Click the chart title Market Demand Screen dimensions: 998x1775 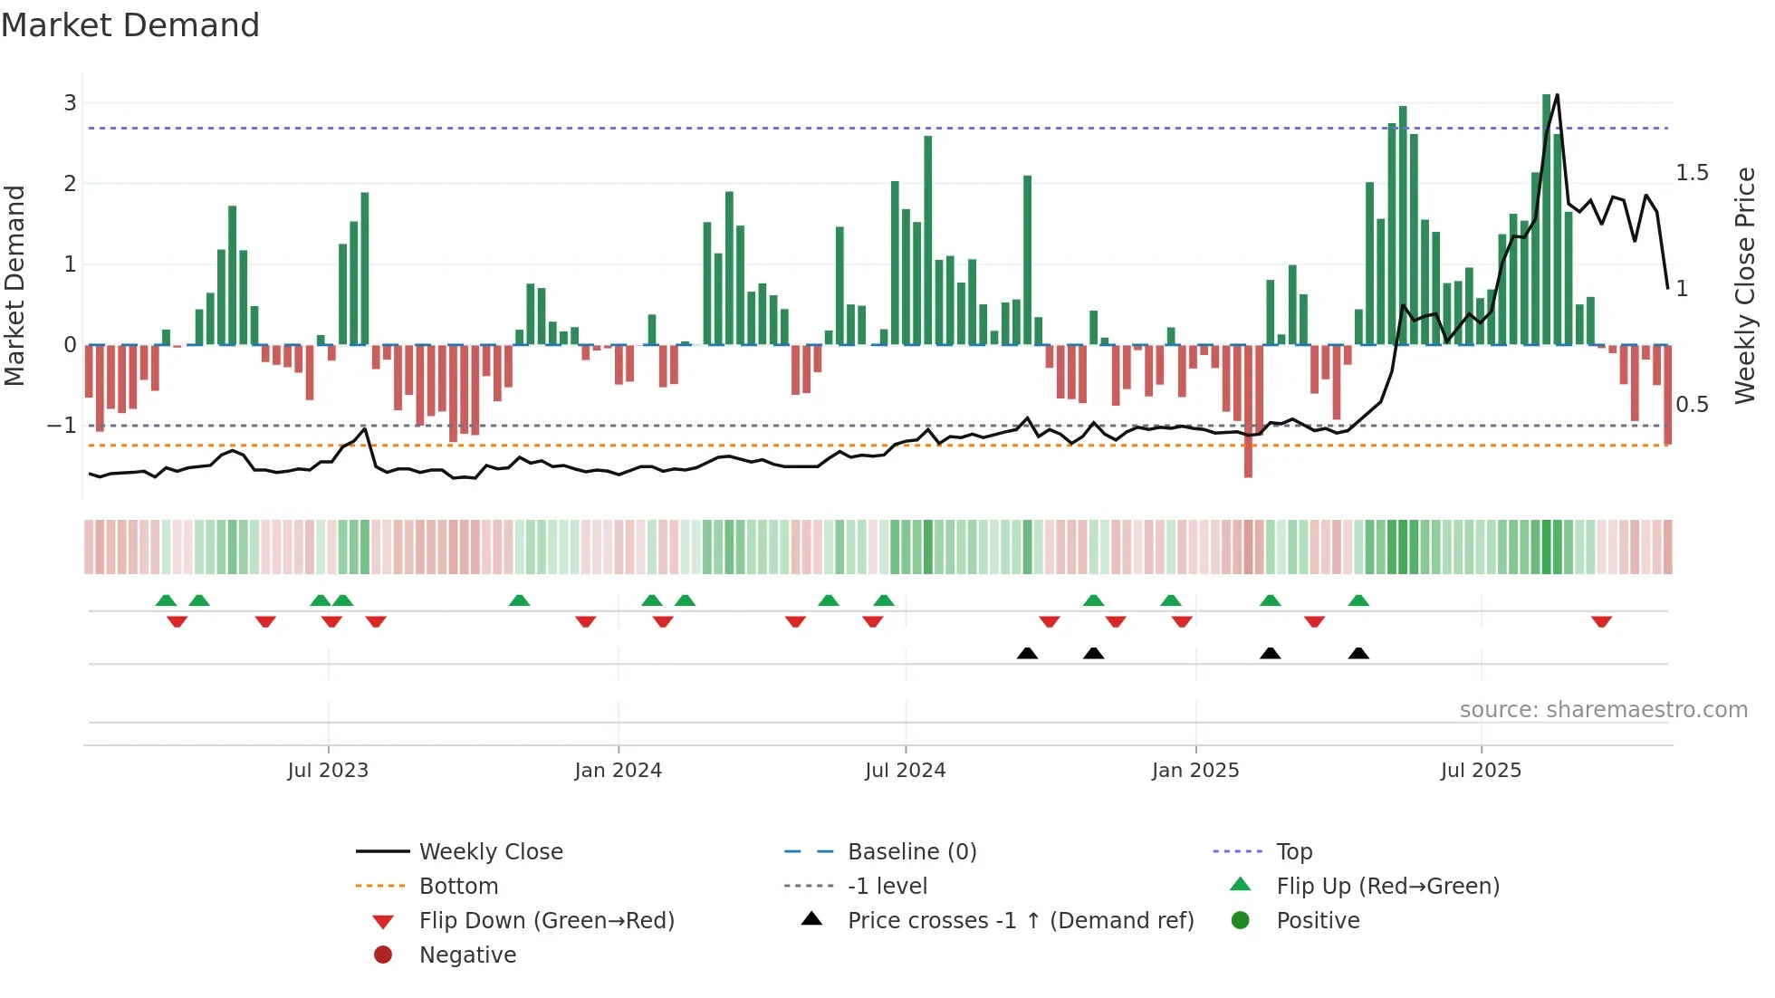130,25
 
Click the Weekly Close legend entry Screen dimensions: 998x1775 490,851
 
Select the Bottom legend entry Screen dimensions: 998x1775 458,886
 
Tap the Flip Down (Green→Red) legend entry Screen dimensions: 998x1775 546,920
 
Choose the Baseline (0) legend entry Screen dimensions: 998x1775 911,851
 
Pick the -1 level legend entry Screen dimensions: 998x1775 887,886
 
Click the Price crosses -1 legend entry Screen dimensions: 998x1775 1020,920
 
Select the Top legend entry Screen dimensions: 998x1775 1293,851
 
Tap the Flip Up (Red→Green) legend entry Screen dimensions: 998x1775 1387,886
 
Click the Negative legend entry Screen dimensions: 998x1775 467,955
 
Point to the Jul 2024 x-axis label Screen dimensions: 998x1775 905,770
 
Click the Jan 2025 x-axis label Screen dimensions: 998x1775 1195,770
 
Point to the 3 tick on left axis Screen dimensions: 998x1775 70,103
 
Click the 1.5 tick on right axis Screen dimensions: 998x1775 1691,173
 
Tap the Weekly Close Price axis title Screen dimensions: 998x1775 1744,284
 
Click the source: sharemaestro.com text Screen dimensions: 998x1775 1603,709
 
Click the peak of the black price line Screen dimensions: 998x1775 1557,94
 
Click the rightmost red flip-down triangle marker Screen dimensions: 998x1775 1601,621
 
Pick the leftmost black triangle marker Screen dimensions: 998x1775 1027,653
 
